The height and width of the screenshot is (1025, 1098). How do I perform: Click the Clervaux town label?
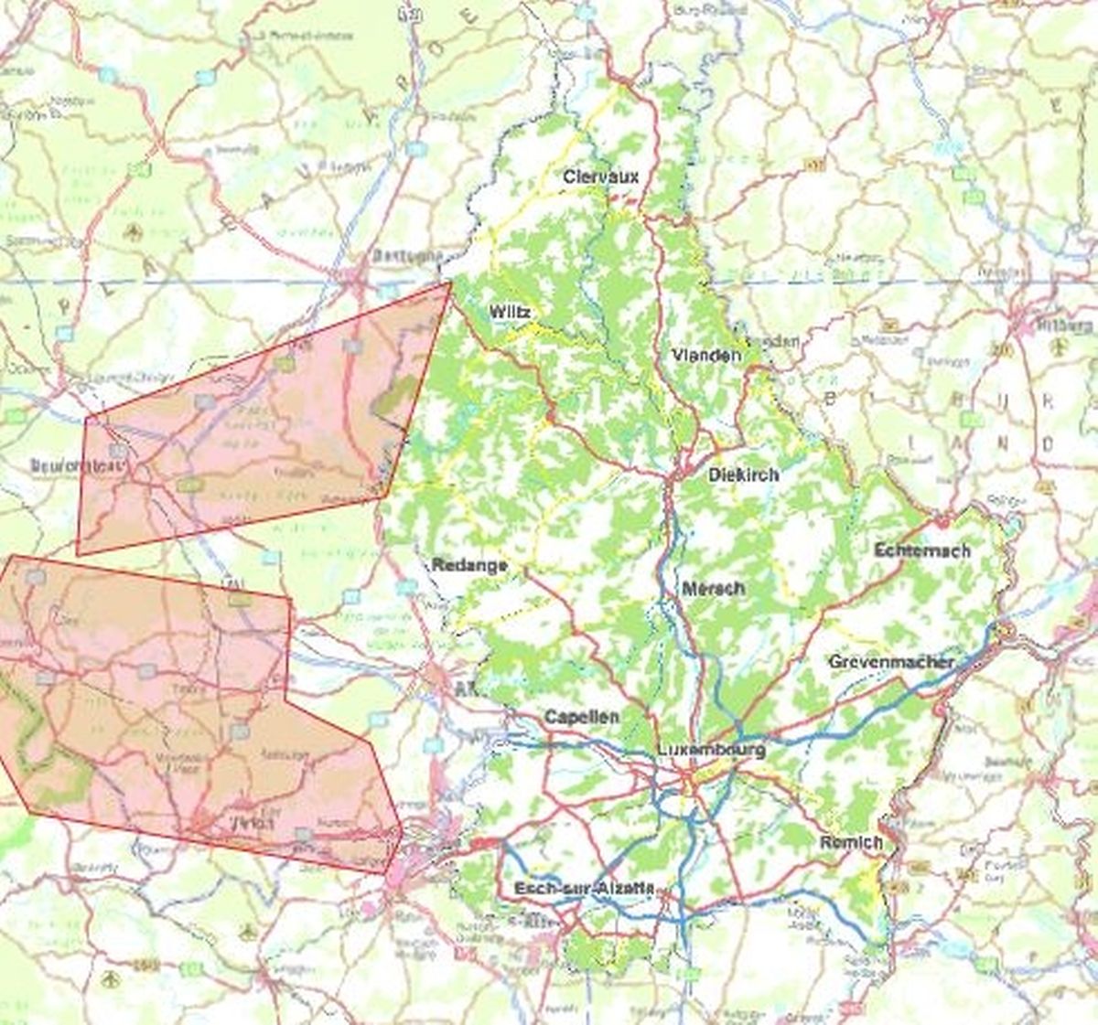coord(600,176)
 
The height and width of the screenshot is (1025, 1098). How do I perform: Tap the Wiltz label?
coord(510,312)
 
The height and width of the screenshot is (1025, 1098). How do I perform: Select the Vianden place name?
coord(706,355)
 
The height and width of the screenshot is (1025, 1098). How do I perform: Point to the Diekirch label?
coord(743,475)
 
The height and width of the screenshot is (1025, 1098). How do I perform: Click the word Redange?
coord(469,566)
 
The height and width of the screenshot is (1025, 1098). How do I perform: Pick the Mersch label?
coord(713,588)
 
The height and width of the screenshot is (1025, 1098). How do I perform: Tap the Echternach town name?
coord(921,550)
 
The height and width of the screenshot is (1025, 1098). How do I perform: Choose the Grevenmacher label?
coord(891,661)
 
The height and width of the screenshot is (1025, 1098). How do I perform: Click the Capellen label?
coord(581,716)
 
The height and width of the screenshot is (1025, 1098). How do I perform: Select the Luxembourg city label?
coord(711,750)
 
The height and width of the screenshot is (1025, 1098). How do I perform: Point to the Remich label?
coord(851,842)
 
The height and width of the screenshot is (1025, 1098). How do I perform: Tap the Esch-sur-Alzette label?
coord(584,888)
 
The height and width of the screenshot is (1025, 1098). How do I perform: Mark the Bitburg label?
coord(1065,325)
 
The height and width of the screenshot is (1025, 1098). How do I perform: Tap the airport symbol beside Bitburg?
coord(1060,346)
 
